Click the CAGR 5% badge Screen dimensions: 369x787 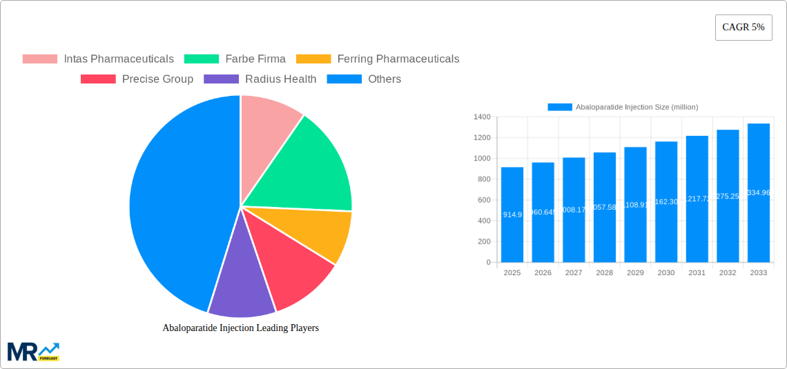(x=743, y=28)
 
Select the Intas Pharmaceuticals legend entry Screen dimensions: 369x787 (x=98, y=59)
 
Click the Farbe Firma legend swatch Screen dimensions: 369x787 (x=202, y=59)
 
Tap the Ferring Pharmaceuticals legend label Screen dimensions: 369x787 (x=398, y=59)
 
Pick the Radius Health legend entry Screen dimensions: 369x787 (x=260, y=79)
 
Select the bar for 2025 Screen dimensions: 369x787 (x=512, y=215)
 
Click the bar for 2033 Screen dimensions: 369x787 (x=758, y=193)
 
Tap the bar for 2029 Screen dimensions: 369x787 (x=635, y=204)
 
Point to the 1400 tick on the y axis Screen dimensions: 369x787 (x=481, y=117)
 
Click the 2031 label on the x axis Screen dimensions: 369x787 (x=697, y=273)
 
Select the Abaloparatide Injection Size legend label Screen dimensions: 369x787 (x=637, y=107)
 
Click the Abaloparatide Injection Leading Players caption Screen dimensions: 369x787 (x=240, y=328)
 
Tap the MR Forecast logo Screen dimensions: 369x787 (x=33, y=352)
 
